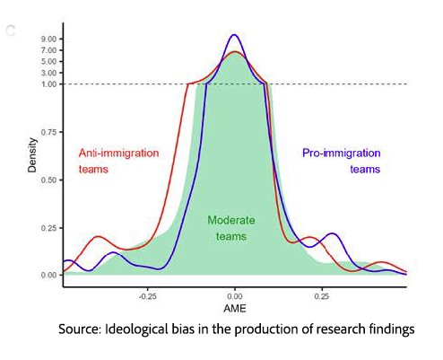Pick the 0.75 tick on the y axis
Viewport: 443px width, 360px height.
(x=49, y=132)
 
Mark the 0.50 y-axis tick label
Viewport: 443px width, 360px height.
(x=49, y=180)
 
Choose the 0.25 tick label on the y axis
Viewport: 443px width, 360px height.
(x=49, y=227)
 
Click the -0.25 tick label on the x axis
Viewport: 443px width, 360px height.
(x=148, y=294)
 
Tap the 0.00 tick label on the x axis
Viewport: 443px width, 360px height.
(x=235, y=294)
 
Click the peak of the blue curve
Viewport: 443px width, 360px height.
(x=234, y=35)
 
